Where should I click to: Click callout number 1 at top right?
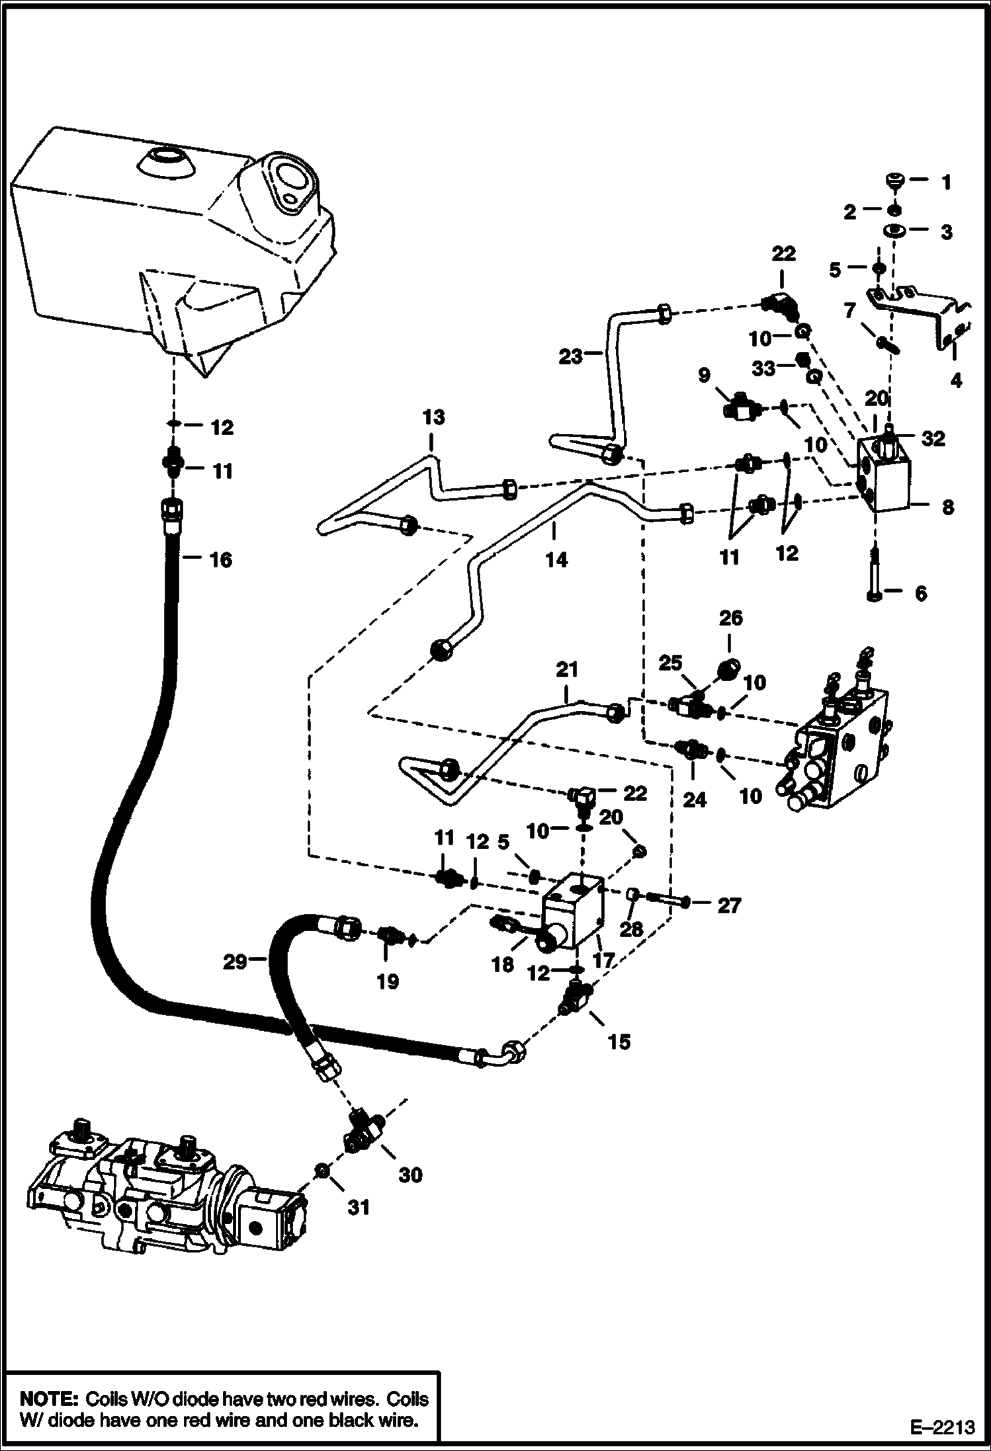click(x=946, y=182)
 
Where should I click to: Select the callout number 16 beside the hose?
click(x=221, y=560)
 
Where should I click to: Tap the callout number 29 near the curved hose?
click(x=235, y=962)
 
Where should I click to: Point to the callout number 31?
click(x=359, y=1207)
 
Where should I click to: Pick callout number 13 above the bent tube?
click(x=433, y=418)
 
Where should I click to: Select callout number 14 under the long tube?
click(x=556, y=560)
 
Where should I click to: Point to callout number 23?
click(x=571, y=356)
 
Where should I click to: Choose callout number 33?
click(x=764, y=368)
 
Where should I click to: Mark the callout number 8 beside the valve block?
click(x=948, y=507)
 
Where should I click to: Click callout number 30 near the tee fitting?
click(x=410, y=1175)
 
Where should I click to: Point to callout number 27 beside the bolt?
click(x=729, y=905)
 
